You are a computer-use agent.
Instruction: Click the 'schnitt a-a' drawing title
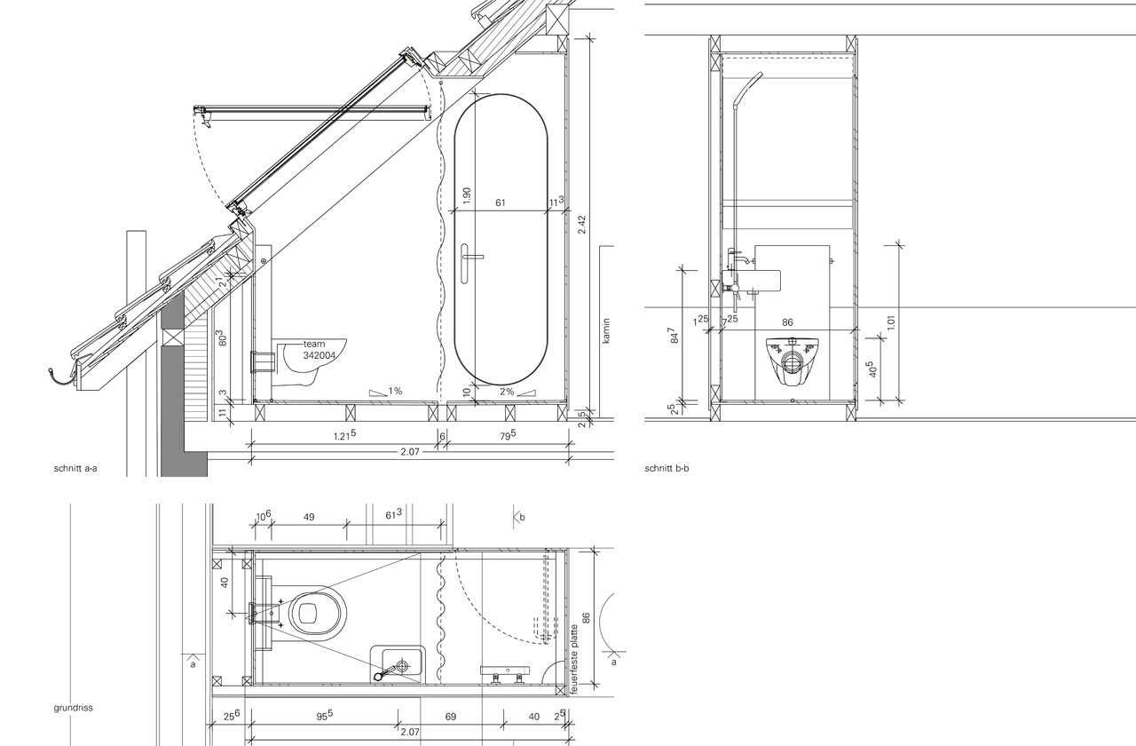click(75, 468)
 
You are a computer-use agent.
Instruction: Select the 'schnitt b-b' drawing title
click(667, 468)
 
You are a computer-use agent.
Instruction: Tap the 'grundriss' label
click(73, 708)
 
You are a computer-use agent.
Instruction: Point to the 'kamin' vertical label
click(607, 330)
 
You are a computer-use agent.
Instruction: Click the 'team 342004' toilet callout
click(319, 350)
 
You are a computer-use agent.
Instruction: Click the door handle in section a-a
click(468, 263)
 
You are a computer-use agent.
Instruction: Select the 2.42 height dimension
click(581, 225)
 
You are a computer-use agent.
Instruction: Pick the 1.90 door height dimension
click(467, 196)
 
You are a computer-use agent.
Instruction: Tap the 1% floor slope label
click(395, 391)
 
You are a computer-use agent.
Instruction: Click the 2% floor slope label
click(507, 392)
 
